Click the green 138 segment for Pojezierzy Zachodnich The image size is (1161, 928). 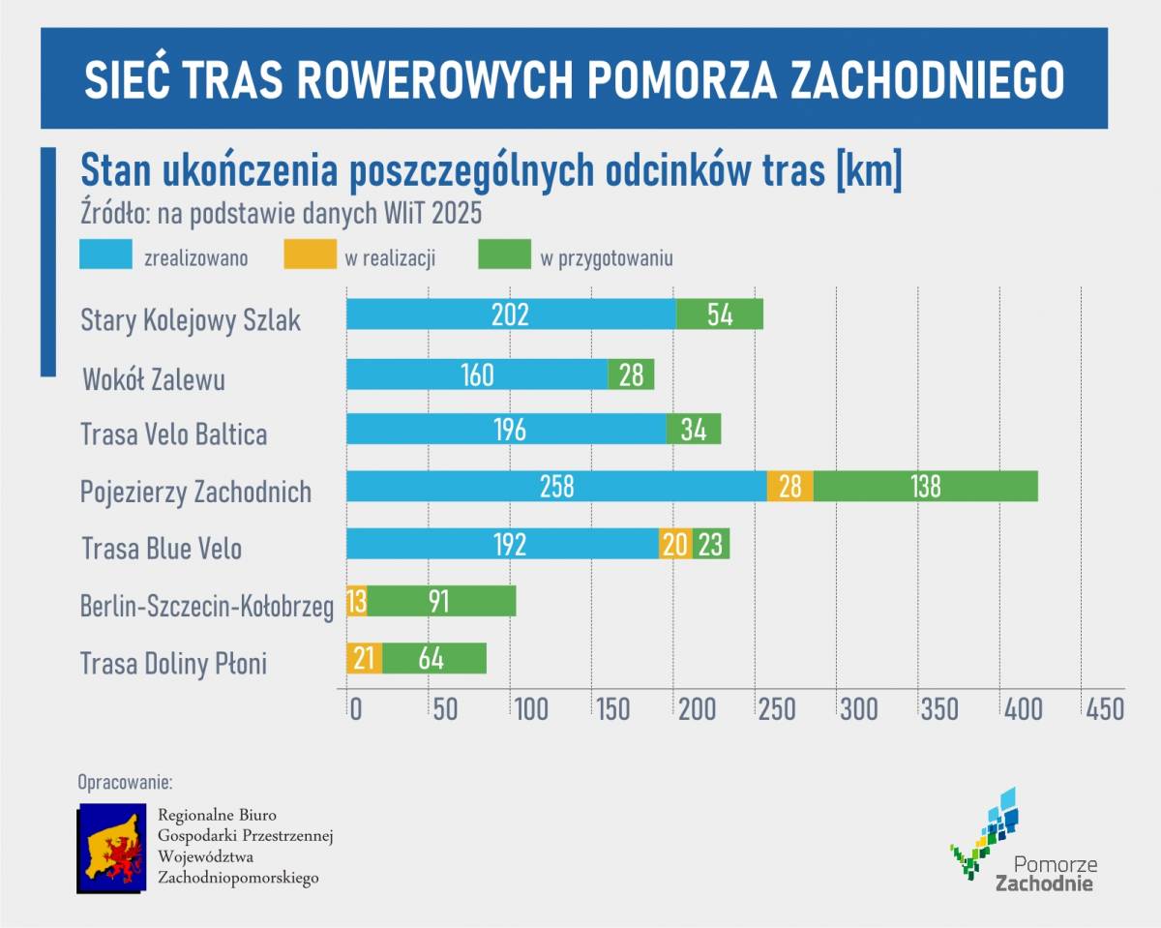[x=925, y=486]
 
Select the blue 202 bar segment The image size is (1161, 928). [x=511, y=314]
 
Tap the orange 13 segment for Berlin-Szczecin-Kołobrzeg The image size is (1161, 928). [x=356, y=601]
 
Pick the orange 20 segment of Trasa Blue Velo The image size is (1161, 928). [x=675, y=544]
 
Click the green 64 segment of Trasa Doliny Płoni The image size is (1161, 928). [x=433, y=658]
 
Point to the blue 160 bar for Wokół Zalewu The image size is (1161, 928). [x=477, y=374]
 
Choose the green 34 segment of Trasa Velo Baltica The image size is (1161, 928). [x=694, y=429]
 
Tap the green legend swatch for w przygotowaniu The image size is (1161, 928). [x=505, y=255]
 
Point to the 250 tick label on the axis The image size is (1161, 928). [x=778, y=709]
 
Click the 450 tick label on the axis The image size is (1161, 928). [x=1105, y=709]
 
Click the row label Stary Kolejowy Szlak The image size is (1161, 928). [x=191, y=320]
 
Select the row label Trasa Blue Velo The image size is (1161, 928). [x=162, y=549]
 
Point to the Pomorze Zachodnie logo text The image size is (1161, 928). [x=1046, y=874]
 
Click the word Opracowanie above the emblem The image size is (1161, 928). [x=125, y=781]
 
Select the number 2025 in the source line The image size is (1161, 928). [x=452, y=211]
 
